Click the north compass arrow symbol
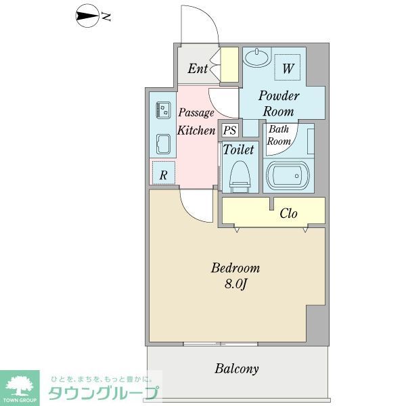(x=87, y=16)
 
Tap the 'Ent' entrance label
(x=198, y=68)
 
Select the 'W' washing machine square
(x=288, y=68)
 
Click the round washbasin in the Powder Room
(x=256, y=58)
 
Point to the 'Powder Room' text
(x=278, y=104)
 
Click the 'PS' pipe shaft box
(x=229, y=130)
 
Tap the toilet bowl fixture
(x=238, y=175)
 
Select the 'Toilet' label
(x=238, y=149)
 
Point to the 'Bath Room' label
(x=278, y=135)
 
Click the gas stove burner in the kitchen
(x=163, y=109)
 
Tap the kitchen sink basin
(x=163, y=144)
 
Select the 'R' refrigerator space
(x=163, y=174)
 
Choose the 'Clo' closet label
(x=289, y=214)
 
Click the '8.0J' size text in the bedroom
(x=235, y=284)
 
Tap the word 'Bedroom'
(x=235, y=268)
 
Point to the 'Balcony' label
(x=237, y=369)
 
